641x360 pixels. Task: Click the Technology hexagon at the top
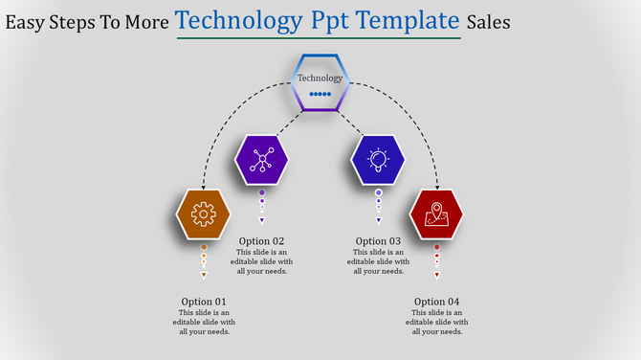320,82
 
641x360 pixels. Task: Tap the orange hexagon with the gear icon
204,214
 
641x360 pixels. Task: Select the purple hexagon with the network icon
261,160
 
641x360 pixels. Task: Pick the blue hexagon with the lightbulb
378,160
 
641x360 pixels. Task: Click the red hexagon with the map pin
436,214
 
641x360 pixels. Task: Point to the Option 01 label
204,302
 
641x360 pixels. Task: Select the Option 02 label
262,241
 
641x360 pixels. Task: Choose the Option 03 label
378,241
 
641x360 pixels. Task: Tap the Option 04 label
437,302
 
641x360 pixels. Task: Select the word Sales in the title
489,21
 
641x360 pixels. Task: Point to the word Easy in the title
25,21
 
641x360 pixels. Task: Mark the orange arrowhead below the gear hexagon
204,276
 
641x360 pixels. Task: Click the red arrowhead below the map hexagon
437,276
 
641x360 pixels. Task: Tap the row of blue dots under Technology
320,94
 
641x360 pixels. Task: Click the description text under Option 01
204,323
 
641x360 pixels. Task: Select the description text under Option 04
437,323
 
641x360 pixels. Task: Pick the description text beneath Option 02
262,261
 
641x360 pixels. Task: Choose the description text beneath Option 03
378,261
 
